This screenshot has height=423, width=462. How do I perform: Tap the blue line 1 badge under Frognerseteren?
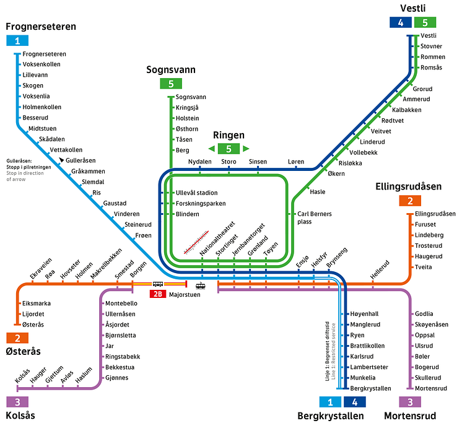[x=17, y=41]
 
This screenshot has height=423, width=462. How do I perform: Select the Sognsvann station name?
[x=191, y=97]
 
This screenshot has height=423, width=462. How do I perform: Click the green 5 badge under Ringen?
[x=229, y=149]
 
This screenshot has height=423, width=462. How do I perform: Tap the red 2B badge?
[x=159, y=294]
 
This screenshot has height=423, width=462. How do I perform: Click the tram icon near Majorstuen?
[x=201, y=286]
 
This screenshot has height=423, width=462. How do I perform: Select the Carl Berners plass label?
[x=315, y=217]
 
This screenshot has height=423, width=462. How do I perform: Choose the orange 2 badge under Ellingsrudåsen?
[x=410, y=201]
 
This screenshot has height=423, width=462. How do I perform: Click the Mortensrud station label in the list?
[x=427, y=388]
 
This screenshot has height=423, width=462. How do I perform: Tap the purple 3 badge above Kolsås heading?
[x=17, y=401]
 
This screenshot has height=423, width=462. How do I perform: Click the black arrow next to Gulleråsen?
[x=61, y=160]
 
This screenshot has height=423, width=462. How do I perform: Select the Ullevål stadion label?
[x=196, y=193]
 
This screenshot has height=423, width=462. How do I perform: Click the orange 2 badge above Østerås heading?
[x=17, y=338]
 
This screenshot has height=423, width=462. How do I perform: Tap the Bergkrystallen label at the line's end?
[x=370, y=388]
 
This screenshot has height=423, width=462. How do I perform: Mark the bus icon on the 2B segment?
[x=158, y=284]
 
